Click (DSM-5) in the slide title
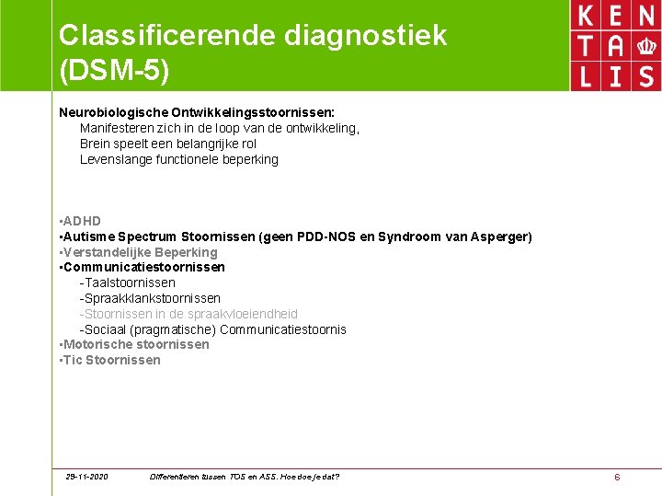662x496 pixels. pos(114,70)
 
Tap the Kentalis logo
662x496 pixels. pos(615,45)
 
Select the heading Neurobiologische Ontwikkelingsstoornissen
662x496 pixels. pos(197,112)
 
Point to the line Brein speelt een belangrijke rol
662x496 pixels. pos(168,144)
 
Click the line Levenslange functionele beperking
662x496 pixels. pos(179,159)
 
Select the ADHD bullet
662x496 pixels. pos(81,221)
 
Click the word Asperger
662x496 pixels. pos(500,236)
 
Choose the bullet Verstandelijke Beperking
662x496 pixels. pos(139,252)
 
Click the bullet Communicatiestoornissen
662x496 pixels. pos(143,267)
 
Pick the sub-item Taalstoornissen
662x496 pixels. pos(130,283)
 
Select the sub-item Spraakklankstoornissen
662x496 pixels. pos(153,298)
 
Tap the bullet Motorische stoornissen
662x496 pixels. pos(135,344)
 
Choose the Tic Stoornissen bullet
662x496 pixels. pos(110,360)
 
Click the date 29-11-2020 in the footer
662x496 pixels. pos(86,477)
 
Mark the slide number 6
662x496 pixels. pos(617,477)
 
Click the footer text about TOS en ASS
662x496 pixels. pos(244,477)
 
